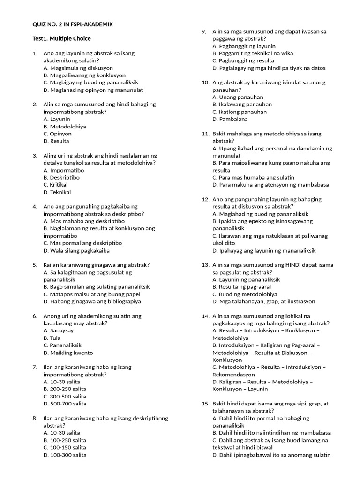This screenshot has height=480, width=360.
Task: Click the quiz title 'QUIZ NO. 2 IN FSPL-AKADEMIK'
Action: click(x=73, y=24)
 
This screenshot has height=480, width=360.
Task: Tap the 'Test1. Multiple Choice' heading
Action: click(x=61, y=38)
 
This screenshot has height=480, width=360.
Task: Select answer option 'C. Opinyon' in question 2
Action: click(x=58, y=134)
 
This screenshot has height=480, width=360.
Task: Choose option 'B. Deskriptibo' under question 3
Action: click(x=61, y=178)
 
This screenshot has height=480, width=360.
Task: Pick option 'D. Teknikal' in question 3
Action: click(x=57, y=192)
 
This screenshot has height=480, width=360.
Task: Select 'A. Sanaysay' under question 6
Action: click(x=59, y=330)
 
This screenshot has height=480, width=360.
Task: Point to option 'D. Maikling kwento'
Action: click(x=68, y=352)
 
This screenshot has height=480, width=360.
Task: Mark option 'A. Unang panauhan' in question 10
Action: click(x=238, y=97)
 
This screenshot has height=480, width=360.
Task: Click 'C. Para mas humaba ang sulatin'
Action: click(x=253, y=178)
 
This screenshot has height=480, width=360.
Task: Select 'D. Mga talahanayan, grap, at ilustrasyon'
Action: click(x=263, y=301)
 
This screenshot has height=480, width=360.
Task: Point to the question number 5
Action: click(x=35, y=265)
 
